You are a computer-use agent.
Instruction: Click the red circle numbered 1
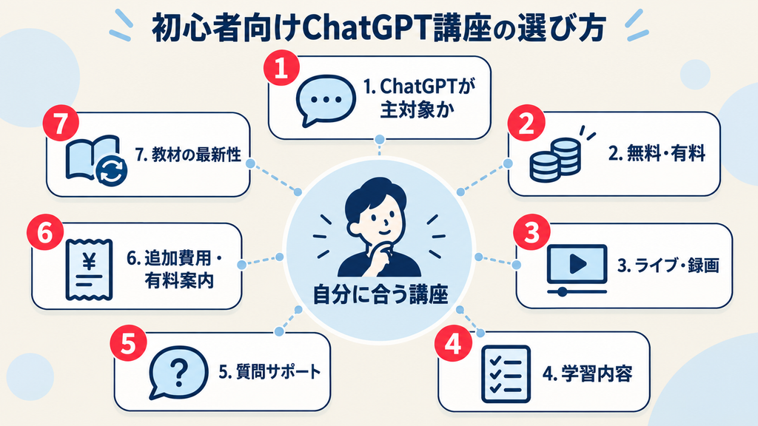click(282, 68)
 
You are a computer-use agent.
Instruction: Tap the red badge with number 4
click(452, 345)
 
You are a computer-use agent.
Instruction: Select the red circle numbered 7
click(61, 124)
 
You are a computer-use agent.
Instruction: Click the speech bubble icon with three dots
click(326, 101)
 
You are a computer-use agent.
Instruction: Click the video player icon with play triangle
click(577, 269)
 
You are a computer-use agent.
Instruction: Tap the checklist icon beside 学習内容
click(506, 374)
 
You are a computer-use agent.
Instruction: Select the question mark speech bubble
click(178, 373)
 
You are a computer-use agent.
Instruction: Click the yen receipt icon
click(89, 269)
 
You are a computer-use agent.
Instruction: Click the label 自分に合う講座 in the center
click(380, 294)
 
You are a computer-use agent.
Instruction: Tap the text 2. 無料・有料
click(657, 154)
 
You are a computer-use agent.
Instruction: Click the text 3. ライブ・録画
click(668, 266)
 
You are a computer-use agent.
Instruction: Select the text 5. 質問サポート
click(269, 372)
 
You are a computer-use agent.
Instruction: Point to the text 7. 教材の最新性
click(188, 155)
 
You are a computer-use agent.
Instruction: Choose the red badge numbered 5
click(128, 343)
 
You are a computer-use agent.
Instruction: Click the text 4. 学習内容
click(587, 373)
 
